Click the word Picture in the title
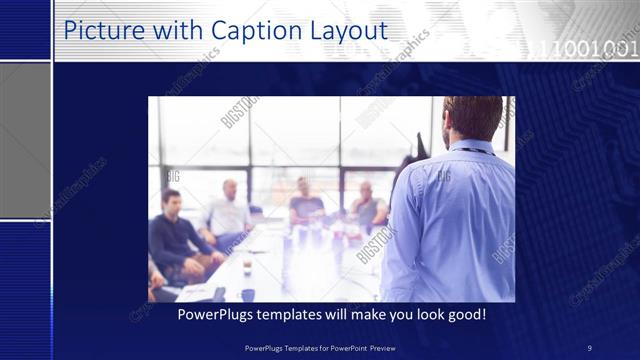[101, 31]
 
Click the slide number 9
[589, 347]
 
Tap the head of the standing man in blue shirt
[471, 119]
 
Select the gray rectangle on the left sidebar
[24, 140]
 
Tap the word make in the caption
[381, 314]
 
